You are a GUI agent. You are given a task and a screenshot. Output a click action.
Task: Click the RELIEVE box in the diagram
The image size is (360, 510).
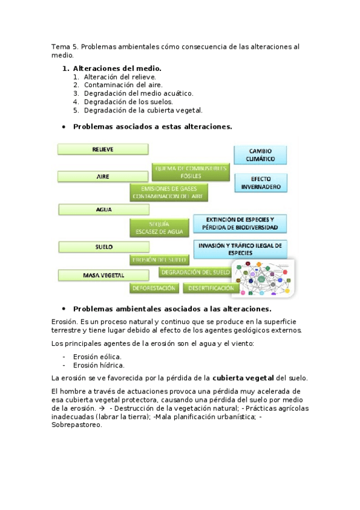tap(103, 149)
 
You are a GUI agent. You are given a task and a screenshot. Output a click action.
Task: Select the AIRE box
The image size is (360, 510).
tap(103, 177)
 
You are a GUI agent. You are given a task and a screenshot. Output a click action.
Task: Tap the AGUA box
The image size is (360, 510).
tap(103, 209)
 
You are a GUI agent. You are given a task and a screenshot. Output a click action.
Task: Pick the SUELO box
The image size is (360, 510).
tap(103, 247)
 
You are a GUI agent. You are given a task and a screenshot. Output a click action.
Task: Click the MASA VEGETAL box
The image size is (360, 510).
tap(103, 275)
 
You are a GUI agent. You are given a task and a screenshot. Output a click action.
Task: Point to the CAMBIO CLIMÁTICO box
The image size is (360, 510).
tap(260, 155)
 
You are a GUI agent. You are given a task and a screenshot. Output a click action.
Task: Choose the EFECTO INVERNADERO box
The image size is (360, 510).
tap(260, 183)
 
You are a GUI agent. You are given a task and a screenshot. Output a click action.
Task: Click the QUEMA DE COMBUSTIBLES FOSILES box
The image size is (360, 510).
tap(191, 172)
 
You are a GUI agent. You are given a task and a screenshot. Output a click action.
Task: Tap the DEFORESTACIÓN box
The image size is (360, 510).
tap(154, 288)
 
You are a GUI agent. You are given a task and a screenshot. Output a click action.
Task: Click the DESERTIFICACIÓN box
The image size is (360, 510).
tap(208, 288)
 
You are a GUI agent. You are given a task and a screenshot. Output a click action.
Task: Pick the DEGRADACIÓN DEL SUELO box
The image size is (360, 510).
tap(195, 272)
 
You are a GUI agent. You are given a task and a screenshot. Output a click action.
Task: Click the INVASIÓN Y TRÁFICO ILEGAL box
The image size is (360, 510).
tap(240, 249)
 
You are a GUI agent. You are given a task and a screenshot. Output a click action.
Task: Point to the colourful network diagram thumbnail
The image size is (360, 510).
tap(263, 278)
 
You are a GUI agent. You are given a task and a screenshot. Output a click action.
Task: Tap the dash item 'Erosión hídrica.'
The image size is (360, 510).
tap(99, 365)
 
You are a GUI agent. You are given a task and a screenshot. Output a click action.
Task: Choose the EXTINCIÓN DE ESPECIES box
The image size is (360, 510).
tap(240, 224)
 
